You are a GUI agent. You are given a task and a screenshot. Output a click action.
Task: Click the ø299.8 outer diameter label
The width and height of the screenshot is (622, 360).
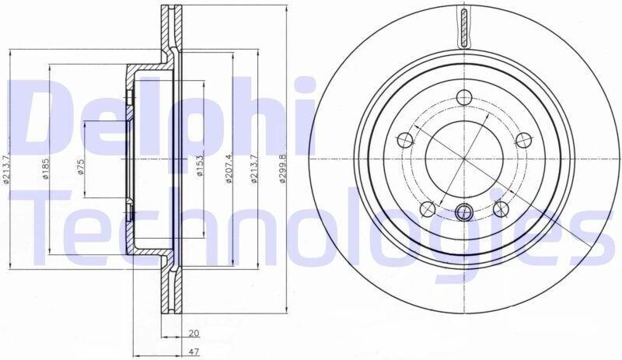[x=282, y=169]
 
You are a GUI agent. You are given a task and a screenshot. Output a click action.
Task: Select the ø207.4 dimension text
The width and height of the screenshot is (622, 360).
[x=229, y=169]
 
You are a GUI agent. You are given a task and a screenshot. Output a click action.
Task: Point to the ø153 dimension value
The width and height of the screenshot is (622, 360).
[x=200, y=166]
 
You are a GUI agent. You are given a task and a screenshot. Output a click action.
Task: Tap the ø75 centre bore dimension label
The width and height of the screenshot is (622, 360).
[x=81, y=167]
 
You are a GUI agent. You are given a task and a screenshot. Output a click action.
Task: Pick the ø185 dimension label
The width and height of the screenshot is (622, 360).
[x=46, y=169]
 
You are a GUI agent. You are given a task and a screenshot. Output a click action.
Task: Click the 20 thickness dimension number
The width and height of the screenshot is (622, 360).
[x=194, y=334]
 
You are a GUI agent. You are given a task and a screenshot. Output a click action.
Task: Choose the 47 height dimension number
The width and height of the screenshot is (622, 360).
[x=194, y=351]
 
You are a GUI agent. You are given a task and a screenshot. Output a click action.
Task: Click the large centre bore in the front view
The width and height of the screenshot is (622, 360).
[x=464, y=159]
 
